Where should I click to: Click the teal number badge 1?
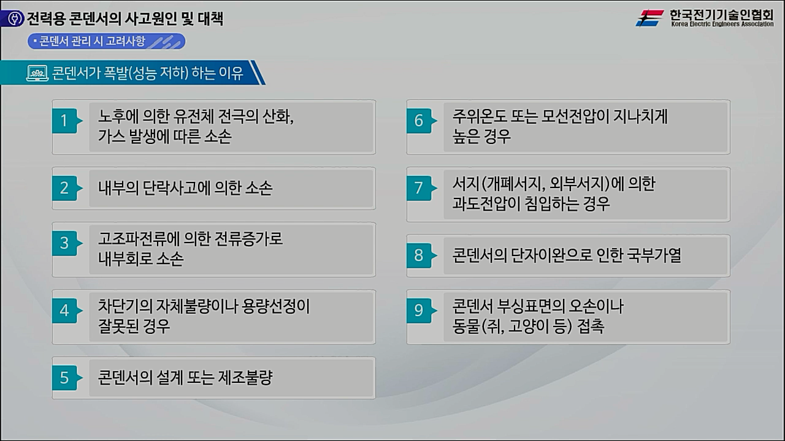tap(64, 121)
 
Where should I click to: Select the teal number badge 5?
tap(64, 378)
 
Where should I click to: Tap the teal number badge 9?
tap(419, 311)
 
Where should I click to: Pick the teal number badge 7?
tap(419, 188)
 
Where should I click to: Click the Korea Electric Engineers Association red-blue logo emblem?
tap(650, 18)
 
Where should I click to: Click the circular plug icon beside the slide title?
tap(12, 19)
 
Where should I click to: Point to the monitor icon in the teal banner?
tap(37, 73)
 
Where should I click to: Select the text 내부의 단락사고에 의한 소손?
tap(185, 188)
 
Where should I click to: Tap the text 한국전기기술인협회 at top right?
tap(721, 14)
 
